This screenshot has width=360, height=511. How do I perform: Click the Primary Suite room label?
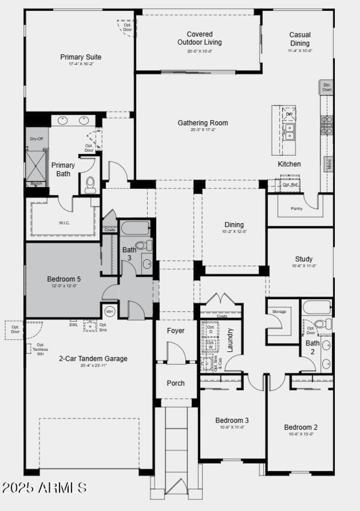[x=81, y=57]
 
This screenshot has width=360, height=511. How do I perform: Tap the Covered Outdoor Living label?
[x=199, y=38]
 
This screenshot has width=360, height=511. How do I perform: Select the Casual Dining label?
[x=300, y=39]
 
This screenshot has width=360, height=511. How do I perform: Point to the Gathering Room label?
[x=202, y=123]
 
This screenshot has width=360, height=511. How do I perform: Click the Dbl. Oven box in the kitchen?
[x=327, y=87]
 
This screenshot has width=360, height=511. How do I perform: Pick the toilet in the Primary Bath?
[x=90, y=184]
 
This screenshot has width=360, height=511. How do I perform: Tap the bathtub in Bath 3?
[x=135, y=228]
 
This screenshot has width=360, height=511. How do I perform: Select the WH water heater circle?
[x=109, y=311]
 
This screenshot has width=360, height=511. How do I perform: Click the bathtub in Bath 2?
[x=317, y=307]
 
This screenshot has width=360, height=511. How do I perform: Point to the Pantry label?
[x=297, y=208]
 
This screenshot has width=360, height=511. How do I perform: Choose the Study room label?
[x=304, y=259]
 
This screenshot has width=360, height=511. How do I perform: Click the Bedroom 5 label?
[x=64, y=279]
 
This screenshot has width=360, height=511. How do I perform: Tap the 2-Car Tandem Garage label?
[x=93, y=359]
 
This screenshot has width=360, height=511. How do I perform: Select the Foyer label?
[x=175, y=331]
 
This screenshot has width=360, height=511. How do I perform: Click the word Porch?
[x=175, y=383]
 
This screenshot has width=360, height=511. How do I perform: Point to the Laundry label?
[x=230, y=340]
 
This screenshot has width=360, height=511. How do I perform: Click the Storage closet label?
[x=279, y=311]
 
